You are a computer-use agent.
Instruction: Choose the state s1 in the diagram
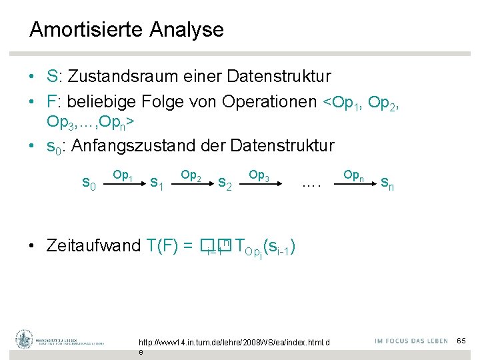point(157,182)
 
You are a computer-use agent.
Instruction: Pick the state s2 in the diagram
point(225,182)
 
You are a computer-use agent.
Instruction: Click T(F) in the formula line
point(161,245)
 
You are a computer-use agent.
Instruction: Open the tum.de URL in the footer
point(234,343)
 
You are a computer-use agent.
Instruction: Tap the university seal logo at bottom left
point(25,340)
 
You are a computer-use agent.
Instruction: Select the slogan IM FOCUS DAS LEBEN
point(411,341)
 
